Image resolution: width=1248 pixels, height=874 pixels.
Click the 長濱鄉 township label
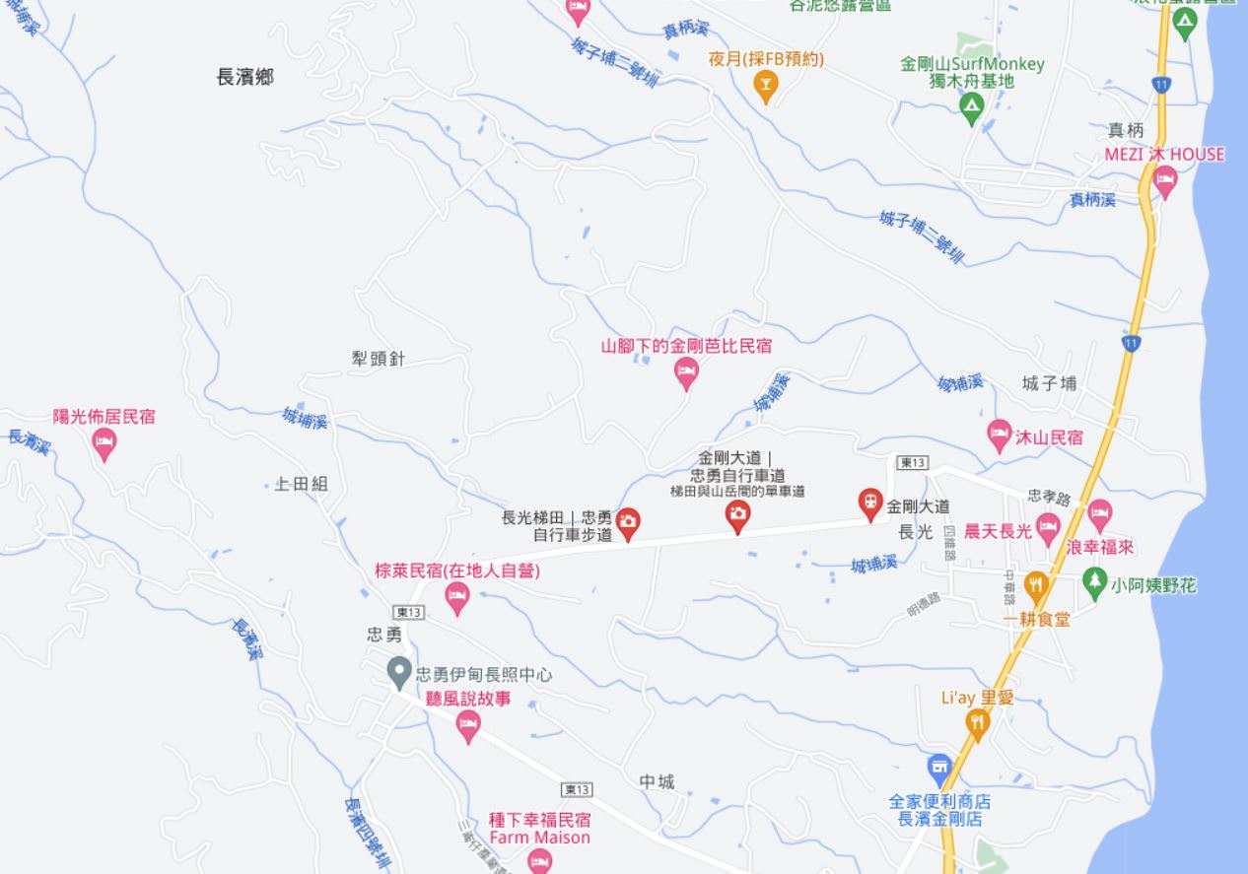pyautogui.click(x=245, y=78)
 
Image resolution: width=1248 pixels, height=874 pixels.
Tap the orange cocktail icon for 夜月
pyautogui.click(x=765, y=86)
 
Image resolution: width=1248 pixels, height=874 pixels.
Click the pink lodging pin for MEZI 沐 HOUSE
pyautogui.click(x=1165, y=181)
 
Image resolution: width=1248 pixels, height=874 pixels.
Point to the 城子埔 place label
pyautogui.click(x=1049, y=384)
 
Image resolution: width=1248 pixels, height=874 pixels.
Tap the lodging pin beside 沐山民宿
pyautogui.click(x=1000, y=435)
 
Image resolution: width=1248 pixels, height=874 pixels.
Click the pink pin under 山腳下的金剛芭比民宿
pyautogui.click(x=686, y=373)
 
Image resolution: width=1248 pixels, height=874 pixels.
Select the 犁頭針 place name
pyautogui.click(x=379, y=360)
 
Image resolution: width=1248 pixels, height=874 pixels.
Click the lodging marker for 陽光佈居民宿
pyautogui.click(x=104, y=443)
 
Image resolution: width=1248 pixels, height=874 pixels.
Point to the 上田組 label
pyautogui.click(x=302, y=484)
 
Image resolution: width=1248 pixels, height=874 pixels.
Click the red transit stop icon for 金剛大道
pyautogui.click(x=869, y=504)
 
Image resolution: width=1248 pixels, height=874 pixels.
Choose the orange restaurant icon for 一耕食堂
pyautogui.click(x=1035, y=586)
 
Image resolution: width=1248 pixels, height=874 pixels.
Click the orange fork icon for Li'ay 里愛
pyautogui.click(x=977, y=724)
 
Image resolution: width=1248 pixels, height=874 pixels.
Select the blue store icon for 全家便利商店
pyautogui.click(x=939, y=768)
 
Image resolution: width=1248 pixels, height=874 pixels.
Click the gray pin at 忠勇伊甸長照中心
pyautogui.click(x=398, y=674)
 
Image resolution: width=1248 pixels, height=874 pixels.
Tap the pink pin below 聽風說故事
pyautogui.click(x=469, y=726)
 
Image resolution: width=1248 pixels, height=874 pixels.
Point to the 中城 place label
pyautogui.click(x=657, y=782)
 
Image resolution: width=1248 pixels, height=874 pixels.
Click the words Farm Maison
pyautogui.click(x=539, y=838)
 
